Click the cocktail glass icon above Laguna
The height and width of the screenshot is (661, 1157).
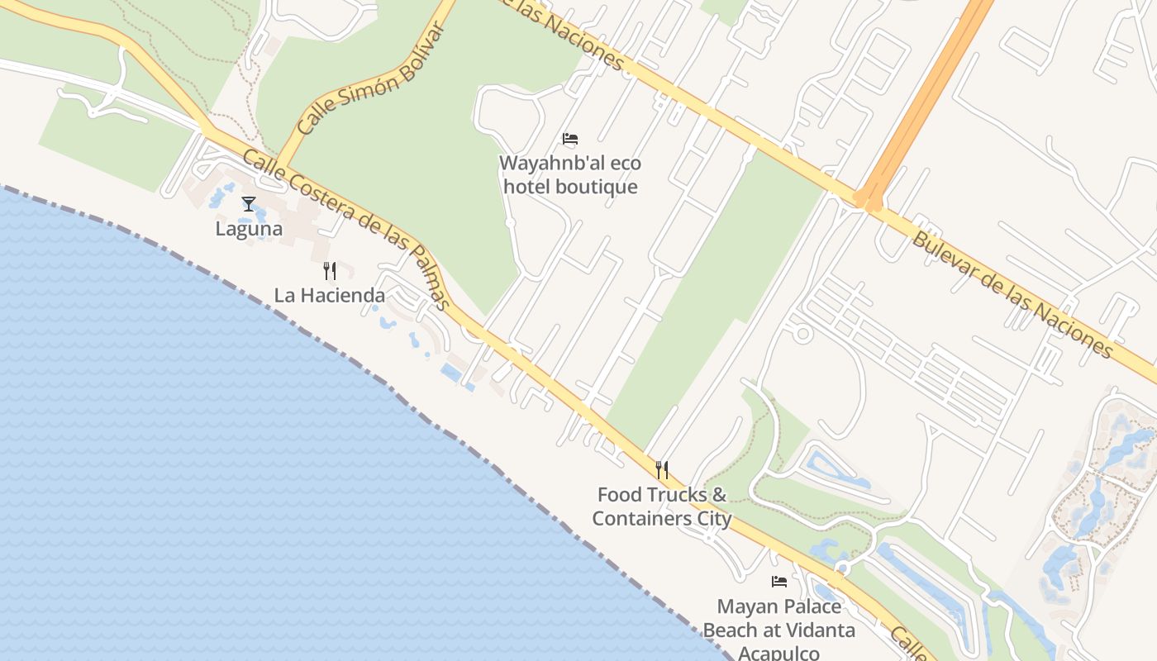pyautogui.click(x=249, y=203)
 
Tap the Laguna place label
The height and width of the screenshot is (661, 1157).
pyautogui.click(x=249, y=229)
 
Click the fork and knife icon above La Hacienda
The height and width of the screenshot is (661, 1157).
pyautogui.click(x=330, y=270)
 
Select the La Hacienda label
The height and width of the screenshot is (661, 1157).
pyautogui.click(x=330, y=295)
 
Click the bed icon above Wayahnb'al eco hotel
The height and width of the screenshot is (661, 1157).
pyautogui.click(x=570, y=139)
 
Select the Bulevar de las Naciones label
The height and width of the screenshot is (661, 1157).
pyautogui.click(x=1012, y=294)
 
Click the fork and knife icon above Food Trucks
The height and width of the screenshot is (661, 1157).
pyautogui.click(x=662, y=470)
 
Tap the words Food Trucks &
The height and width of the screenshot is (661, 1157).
pyautogui.click(x=662, y=495)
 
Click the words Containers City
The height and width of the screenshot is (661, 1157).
pyautogui.click(x=662, y=519)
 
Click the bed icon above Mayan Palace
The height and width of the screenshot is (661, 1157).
pyautogui.click(x=779, y=582)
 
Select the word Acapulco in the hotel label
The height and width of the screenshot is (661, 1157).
pyautogui.click(x=778, y=653)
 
